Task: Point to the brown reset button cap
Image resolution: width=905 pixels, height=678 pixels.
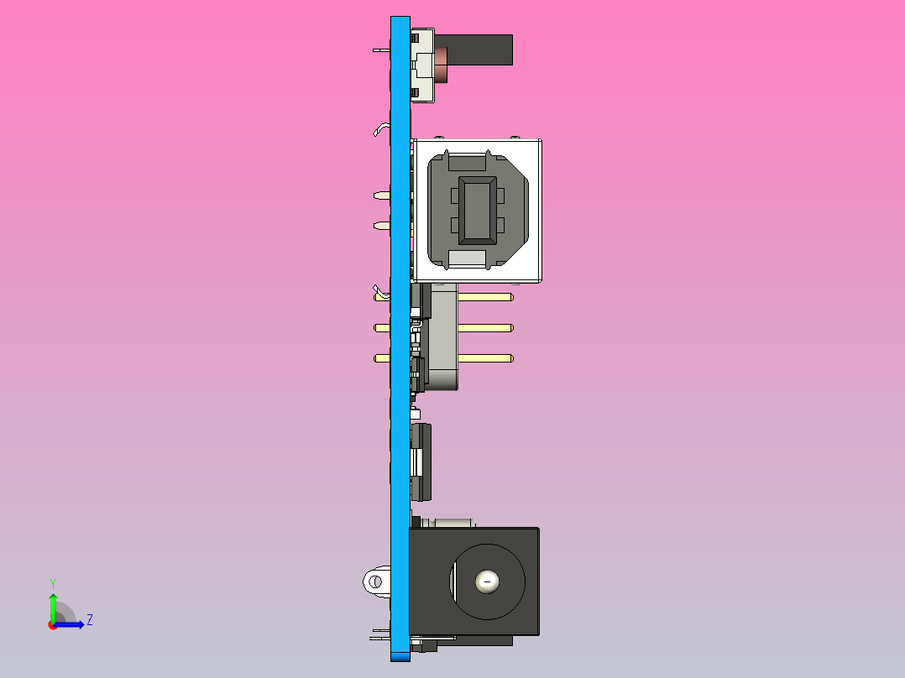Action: click(x=442, y=65)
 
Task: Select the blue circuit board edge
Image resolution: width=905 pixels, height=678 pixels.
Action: click(x=400, y=420)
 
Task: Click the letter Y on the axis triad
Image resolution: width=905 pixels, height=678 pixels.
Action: click(x=53, y=582)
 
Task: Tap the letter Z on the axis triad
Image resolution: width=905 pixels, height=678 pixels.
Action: click(x=89, y=620)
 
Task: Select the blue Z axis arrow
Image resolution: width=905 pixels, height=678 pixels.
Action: click(x=71, y=624)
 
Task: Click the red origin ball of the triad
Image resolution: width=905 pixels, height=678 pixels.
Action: click(x=53, y=624)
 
